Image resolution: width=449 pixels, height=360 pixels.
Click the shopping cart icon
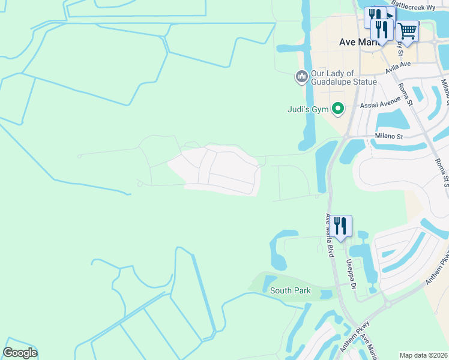tap(408, 31)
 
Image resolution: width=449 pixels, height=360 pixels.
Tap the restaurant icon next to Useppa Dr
tap(340, 226)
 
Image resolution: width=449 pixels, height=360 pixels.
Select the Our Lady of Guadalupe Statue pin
tap(301, 77)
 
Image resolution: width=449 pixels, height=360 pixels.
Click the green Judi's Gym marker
tap(338, 109)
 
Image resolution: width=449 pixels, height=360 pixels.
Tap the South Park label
tap(291, 290)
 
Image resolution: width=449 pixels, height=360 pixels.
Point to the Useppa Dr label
tap(350, 274)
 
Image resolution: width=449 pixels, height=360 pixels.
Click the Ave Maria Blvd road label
tap(329, 236)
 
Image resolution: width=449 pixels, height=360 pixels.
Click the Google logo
tap(20, 353)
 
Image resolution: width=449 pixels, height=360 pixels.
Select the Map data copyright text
tap(424, 355)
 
